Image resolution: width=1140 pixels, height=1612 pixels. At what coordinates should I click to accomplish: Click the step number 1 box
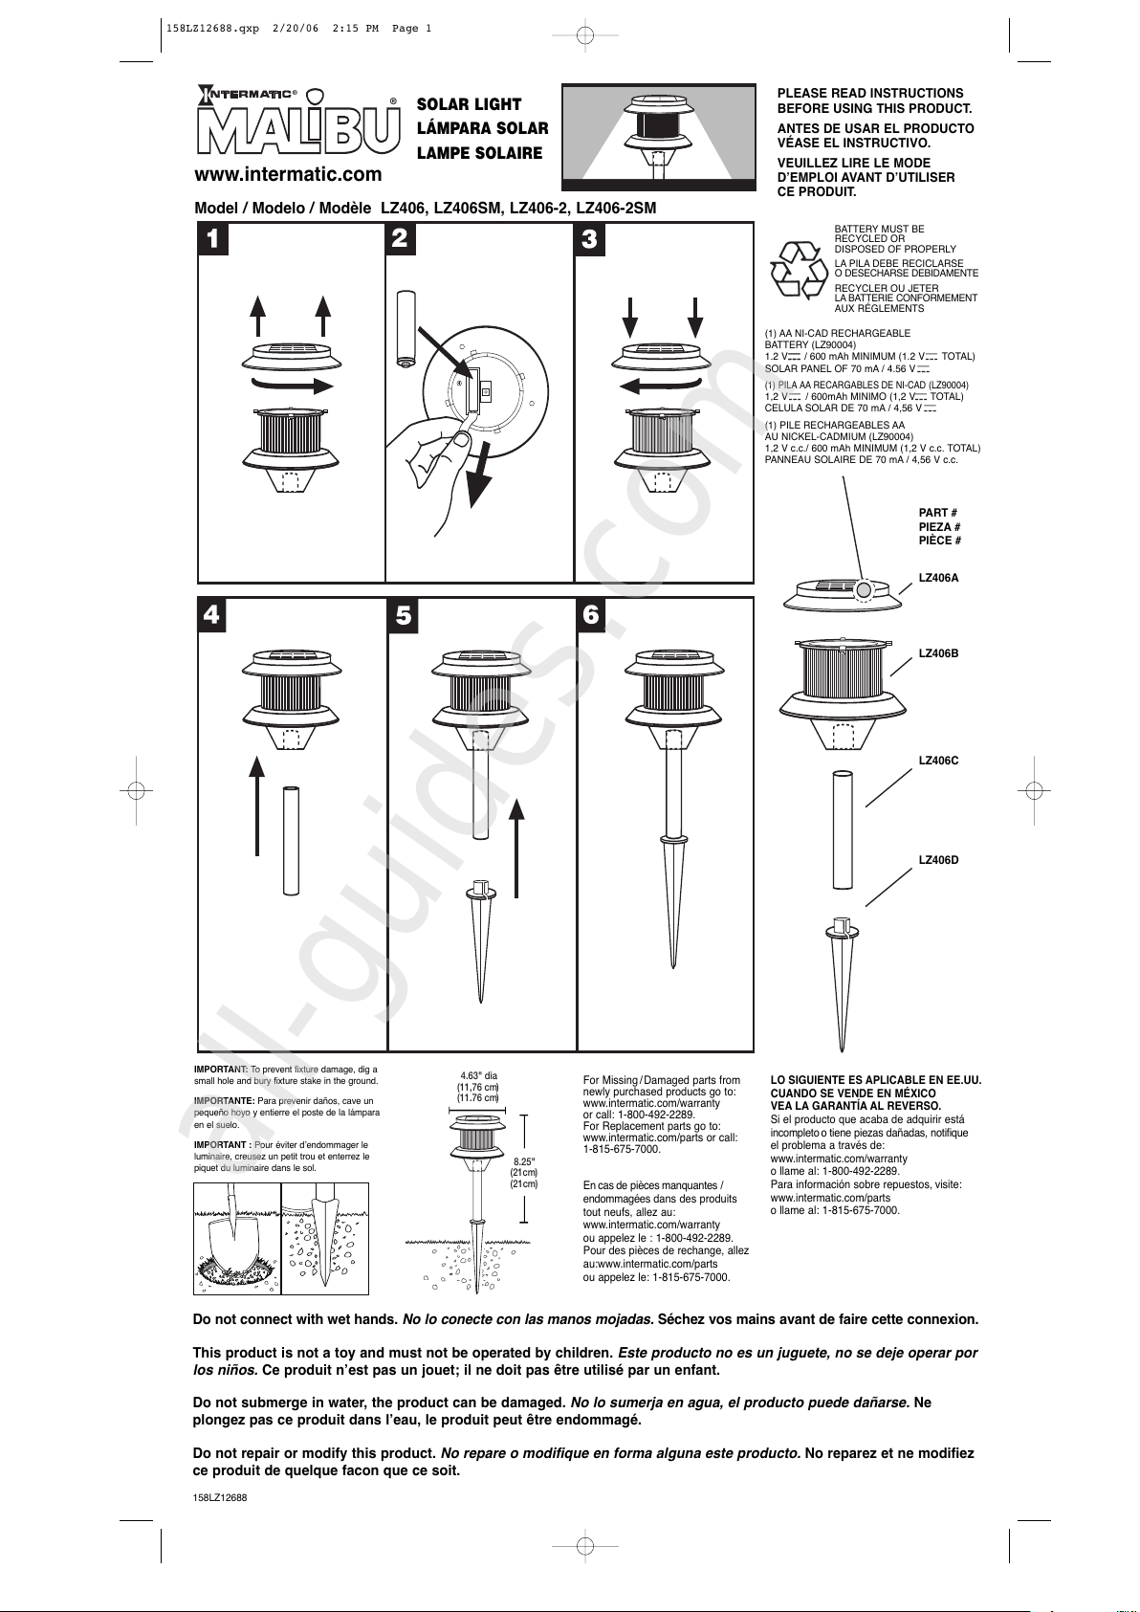point(213,238)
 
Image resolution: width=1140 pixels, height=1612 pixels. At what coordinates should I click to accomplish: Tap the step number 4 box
point(212,614)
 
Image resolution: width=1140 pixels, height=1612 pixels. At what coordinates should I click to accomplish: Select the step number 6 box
point(591,614)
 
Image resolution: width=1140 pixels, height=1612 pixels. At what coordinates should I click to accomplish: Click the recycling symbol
point(799,270)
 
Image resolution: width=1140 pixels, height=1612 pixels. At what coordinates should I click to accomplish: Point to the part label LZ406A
point(938,578)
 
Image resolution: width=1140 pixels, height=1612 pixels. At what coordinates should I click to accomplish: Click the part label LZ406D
point(938,860)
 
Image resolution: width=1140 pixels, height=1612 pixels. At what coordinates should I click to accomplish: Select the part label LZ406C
point(938,761)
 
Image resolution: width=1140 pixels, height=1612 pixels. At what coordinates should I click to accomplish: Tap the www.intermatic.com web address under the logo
point(288,174)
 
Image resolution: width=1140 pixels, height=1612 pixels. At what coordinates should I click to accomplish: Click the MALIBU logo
point(298,130)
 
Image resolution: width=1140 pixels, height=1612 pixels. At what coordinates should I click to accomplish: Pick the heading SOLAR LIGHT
point(469,104)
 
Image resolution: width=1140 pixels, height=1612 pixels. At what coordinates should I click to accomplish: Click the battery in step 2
point(406,328)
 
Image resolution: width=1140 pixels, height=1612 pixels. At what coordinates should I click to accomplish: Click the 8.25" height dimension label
point(524,1162)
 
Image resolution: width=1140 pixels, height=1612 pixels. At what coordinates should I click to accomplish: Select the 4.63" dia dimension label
point(478,1076)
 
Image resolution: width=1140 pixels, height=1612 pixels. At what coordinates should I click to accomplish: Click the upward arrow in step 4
point(256,804)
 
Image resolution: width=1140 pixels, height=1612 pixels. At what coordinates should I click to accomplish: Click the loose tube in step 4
point(291,840)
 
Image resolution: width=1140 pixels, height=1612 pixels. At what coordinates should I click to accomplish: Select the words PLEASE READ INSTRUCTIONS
point(869,93)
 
